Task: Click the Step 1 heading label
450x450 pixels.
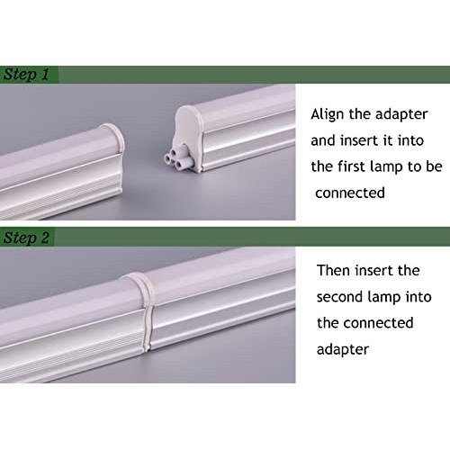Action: coord(26,75)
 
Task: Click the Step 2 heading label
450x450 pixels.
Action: coord(26,238)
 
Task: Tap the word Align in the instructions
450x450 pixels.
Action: coord(328,115)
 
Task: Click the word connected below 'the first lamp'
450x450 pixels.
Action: coord(350,193)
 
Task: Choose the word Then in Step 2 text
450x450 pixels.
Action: coord(334,270)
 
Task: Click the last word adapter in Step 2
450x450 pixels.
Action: coord(343,350)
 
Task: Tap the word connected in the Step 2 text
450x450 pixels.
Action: coord(378,323)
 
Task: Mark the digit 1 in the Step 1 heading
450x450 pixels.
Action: coord(45,74)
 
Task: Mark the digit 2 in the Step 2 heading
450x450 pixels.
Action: coord(45,238)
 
